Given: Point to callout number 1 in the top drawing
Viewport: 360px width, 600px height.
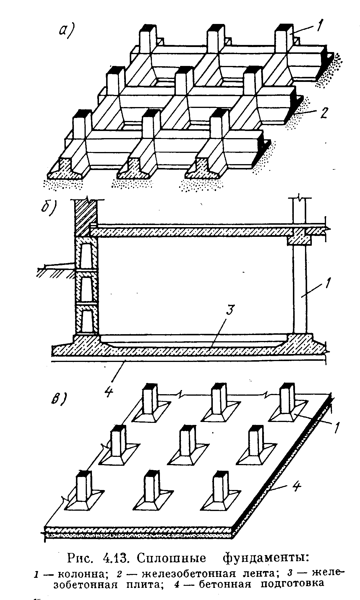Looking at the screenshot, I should [x=317, y=27].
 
